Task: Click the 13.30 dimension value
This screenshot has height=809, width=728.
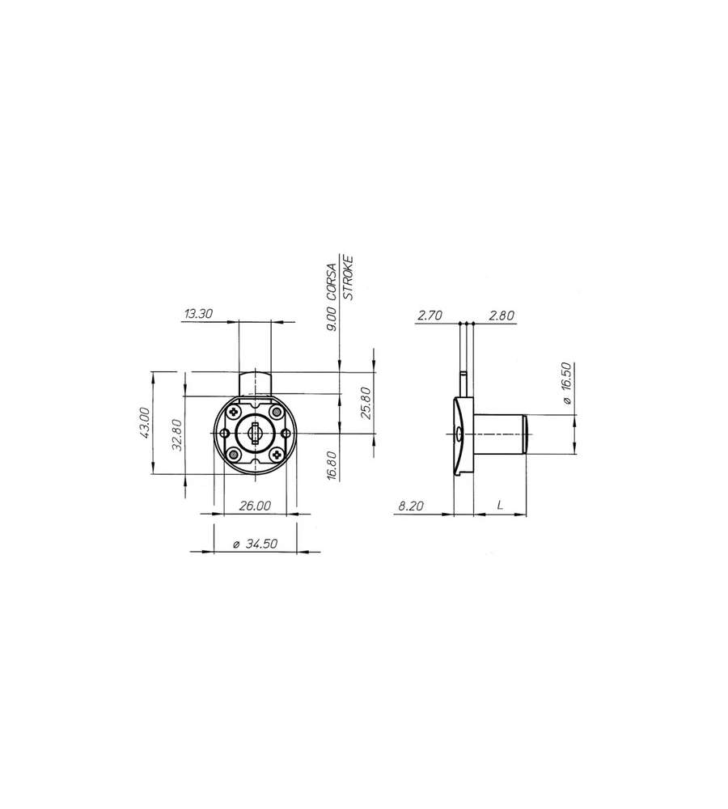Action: click(199, 314)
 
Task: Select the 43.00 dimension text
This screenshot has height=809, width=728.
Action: click(145, 422)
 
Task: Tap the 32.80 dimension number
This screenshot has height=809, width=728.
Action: click(177, 434)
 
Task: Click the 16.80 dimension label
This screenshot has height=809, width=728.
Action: click(332, 466)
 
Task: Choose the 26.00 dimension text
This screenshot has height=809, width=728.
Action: click(255, 506)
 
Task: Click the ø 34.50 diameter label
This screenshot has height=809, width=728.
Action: click(255, 544)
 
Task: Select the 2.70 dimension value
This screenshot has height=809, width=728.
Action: click(430, 316)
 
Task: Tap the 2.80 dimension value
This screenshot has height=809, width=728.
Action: click(502, 316)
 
